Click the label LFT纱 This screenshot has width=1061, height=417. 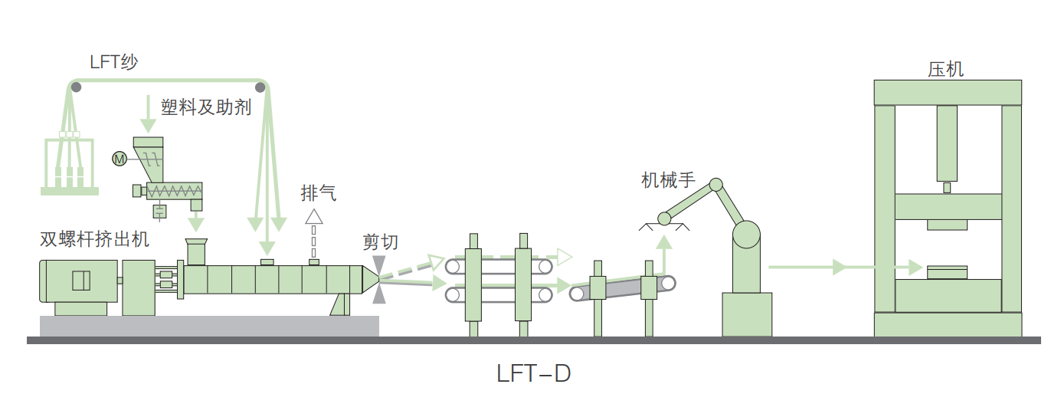pos(113,62)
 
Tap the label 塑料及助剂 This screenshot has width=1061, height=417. pos(205,107)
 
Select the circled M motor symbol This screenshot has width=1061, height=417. pos(119,159)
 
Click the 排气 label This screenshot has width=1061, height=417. pos(318,193)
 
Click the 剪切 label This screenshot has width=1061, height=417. pos(381,241)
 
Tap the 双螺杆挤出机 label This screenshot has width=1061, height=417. pos(94,239)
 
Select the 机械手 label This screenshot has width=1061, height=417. pos(668,180)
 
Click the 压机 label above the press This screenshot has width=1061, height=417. pos(946,69)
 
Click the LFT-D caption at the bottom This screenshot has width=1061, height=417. pos(534,375)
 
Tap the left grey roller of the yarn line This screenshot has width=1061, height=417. pos(76,87)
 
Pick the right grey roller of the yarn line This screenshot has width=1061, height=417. pos(260,87)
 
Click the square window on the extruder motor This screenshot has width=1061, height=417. pos(81,281)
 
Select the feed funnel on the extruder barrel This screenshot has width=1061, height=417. pos(196,251)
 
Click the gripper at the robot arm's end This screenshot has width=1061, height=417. pos(663,222)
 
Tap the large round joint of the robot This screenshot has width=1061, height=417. pos(746,235)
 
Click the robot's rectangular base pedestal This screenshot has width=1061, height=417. pos(747,314)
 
